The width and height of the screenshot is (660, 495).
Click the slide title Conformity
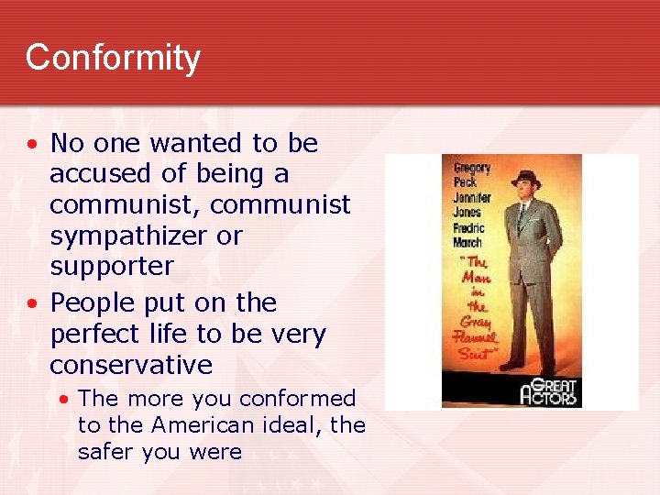pos(113,58)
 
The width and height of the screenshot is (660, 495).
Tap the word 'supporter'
pos(111,267)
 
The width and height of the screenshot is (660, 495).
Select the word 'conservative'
pos(131,365)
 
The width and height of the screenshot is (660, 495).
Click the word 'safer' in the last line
pos(108,452)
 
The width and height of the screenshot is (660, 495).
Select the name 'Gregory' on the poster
pos(473,169)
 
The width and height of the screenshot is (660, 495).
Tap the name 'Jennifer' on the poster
pos(473,198)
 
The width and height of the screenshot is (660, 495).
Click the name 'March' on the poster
pos(467,243)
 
